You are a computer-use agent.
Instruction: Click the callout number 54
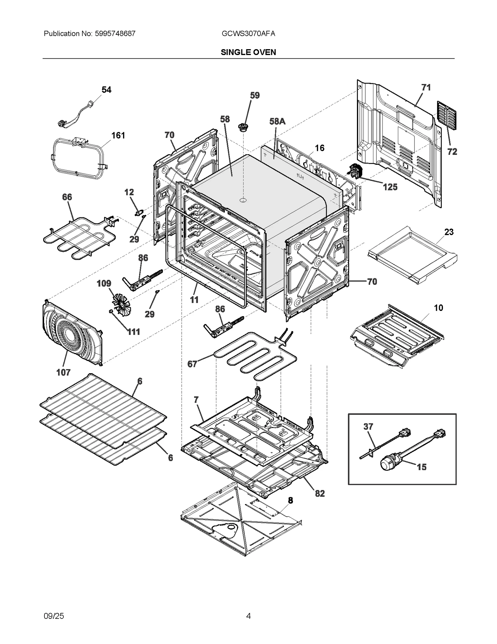pos(106,90)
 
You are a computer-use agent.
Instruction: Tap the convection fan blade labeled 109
pos(121,304)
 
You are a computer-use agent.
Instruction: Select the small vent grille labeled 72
pos(447,115)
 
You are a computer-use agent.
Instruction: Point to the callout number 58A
pos(277,121)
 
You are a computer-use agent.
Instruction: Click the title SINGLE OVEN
pos(248,52)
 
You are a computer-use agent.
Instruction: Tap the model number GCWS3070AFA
pos(248,34)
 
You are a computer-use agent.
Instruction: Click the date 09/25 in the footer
pos(54,616)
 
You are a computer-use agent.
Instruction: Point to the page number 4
pos(248,616)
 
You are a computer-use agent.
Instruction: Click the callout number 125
pos(390,187)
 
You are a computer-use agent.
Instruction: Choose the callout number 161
pos(118,135)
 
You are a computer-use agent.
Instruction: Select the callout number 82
pos(320,493)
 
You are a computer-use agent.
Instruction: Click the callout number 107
pos(63,372)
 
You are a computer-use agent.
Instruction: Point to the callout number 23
pos(449,232)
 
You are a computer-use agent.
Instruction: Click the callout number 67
pos(192,364)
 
